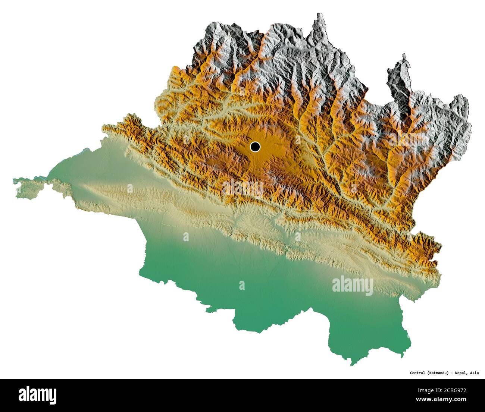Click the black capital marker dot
255,147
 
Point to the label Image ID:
432,389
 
